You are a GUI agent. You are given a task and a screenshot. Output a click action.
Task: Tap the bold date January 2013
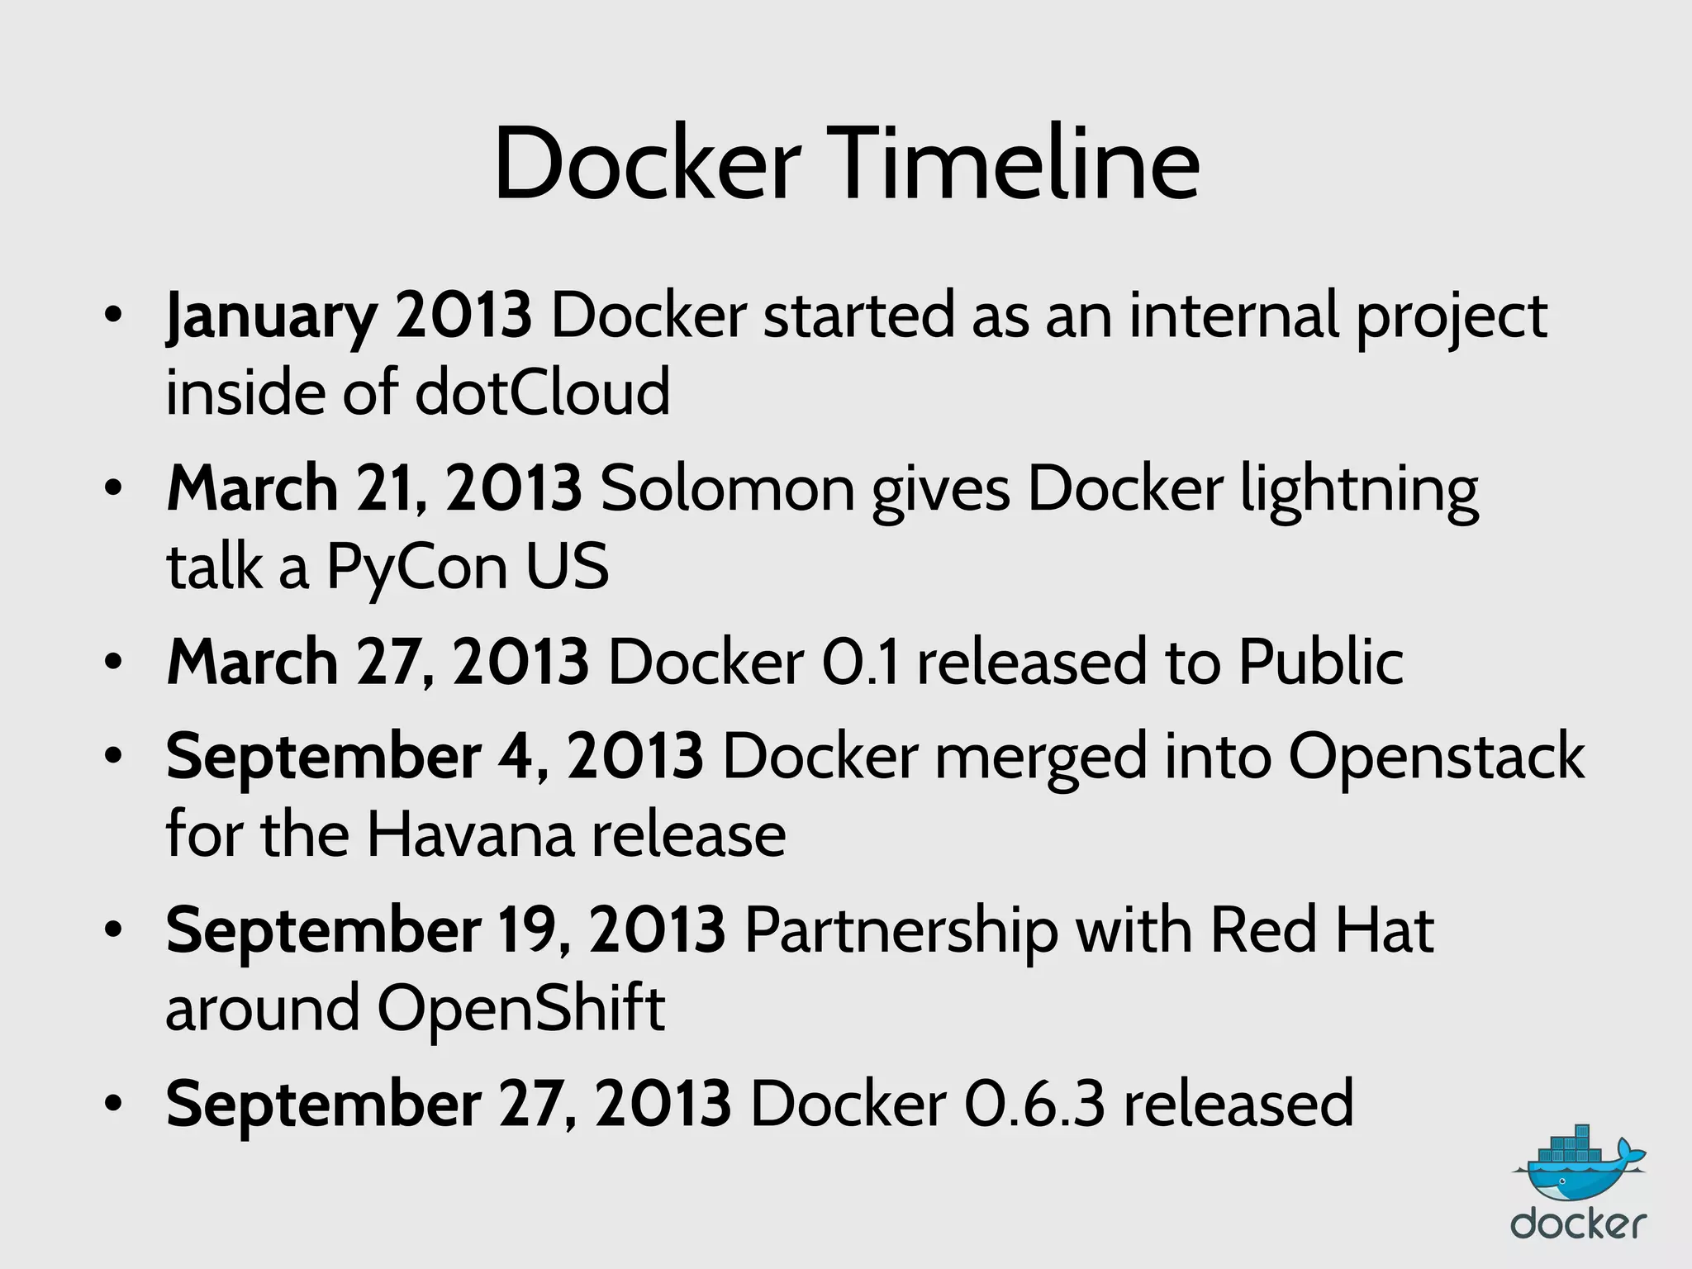(x=349, y=316)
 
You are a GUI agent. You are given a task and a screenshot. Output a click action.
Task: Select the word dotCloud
(x=542, y=392)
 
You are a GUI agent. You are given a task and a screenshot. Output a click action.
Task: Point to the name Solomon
(x=727, y=489)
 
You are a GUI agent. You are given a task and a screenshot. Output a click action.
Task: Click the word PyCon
(x=416, y=568)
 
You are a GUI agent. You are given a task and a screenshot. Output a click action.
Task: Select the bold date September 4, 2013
(x=435, y=756)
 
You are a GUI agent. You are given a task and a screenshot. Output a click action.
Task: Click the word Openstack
(x=1436, y=758)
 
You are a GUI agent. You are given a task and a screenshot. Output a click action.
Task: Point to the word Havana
(x=469, y=834)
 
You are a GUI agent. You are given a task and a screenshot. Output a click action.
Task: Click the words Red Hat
(x=1321, y=930)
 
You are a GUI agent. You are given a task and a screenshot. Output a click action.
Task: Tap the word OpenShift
(x=520, y=1009)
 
